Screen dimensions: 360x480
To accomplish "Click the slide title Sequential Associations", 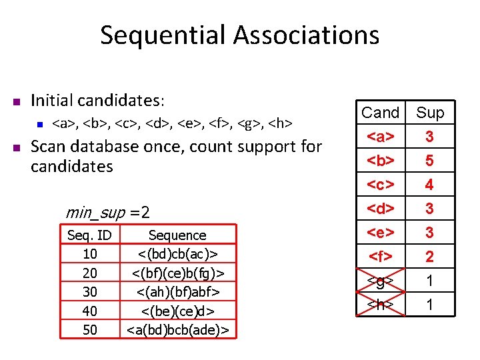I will (239, 35).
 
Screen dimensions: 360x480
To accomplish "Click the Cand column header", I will (380, 113).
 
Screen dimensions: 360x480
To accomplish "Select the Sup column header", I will (430, 113).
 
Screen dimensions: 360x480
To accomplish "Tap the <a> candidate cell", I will (380, 137).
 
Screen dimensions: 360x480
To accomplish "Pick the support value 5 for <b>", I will (430, 161).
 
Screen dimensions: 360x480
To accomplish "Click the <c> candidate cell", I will (380, 185).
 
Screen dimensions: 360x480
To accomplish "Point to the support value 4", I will (430, 185).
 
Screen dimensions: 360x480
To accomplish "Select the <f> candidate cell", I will (380, 257).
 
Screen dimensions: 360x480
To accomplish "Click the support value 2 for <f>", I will (430, 257).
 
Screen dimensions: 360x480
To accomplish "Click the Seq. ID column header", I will (89, 235).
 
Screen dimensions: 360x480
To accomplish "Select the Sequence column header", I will (177, 235).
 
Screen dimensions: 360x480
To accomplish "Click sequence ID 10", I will (89, 253).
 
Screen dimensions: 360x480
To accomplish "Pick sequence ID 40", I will (89, 310).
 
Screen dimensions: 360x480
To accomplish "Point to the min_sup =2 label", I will (107, 213).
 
